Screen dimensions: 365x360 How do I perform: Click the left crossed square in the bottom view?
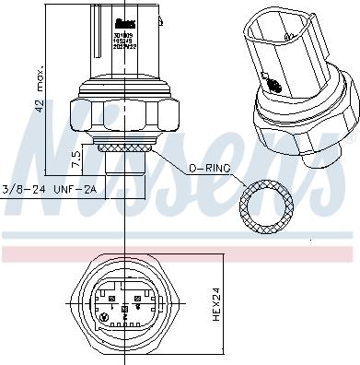(110, 300)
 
